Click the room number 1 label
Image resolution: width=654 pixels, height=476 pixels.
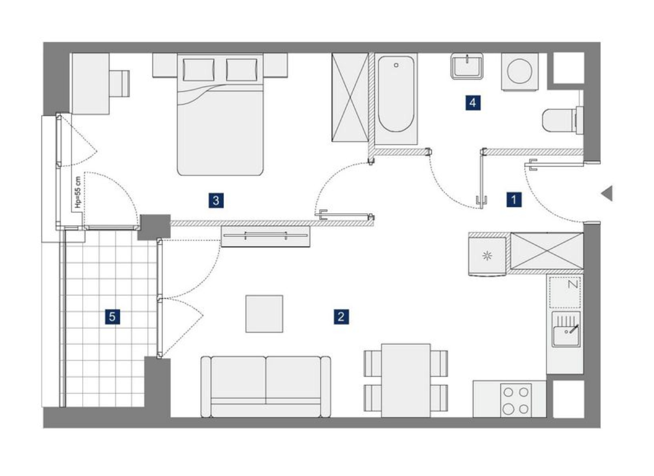coord(514,199)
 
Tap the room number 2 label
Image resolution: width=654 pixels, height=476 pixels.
coord(341,317)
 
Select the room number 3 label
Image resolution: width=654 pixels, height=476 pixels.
coord(216,200)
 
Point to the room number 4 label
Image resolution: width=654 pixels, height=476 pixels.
coord(473,103)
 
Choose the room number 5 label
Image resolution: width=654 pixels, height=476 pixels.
coord(112,317)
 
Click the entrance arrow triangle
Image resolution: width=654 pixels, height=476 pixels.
coord(607,193)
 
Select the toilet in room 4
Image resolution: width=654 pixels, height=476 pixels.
coord(562,120)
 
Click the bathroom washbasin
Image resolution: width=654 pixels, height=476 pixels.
coord(466,66)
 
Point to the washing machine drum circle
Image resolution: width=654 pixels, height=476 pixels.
coord(520,71)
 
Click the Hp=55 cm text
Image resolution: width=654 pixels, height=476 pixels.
coord(77,192)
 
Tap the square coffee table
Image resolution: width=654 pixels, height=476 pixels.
coord(264,314)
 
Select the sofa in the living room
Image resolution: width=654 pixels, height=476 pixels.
coord(266,387)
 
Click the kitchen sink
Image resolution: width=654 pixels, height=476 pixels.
coord(566,329)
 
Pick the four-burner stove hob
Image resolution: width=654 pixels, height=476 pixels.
coord(516,401)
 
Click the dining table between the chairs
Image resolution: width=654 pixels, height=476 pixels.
coord(406,380)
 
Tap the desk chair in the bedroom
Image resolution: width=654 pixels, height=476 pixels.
coord(119,83)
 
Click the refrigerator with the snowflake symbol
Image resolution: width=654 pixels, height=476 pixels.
coord(487,256)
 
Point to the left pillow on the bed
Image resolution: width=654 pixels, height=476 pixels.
coord(199,70)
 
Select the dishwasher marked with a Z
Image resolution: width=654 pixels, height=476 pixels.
coord(565,292)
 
